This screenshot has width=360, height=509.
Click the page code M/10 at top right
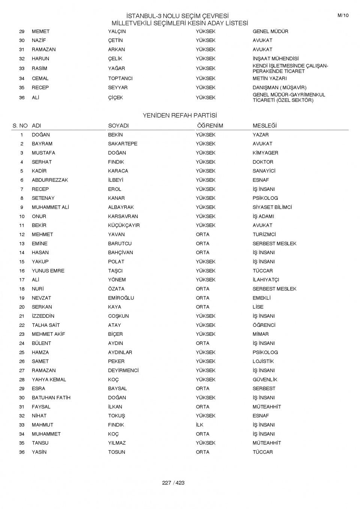click(x=343, y=15)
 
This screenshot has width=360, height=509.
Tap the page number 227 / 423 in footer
click(x=173, y=483)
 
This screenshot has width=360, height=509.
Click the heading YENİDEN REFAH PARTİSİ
click(x=180, y=115)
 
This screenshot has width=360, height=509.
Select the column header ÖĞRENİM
click(x=210, y=126)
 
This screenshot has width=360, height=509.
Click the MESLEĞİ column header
click(x=264, y=126)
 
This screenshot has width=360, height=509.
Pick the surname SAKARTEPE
click(x=123, y=144)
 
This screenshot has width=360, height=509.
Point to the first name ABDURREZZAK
click(x=50, y=180)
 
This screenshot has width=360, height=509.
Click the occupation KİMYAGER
click(x=265, y=153)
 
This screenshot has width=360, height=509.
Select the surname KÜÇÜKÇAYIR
click(x=124, y=225)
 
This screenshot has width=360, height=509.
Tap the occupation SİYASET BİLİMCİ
click(x=272, y=207)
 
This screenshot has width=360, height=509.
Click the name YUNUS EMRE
click(x=48, y=271)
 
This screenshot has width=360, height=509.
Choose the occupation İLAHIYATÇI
click(x=265, y=280)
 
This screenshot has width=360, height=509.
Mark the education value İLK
click(x=199, y=425)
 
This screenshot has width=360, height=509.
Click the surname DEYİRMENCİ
click(x=123, y=370)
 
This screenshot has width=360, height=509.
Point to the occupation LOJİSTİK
click(x=263, y=361)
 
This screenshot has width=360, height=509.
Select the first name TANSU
click(x=40, y=443)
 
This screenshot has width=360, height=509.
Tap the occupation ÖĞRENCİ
click(x=264, y=325)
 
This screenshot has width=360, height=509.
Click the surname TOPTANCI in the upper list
click(x=120, y=78)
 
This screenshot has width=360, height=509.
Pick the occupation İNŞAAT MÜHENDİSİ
click(x=276, y=58)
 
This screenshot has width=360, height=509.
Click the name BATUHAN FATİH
click(x=51, y=398)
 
